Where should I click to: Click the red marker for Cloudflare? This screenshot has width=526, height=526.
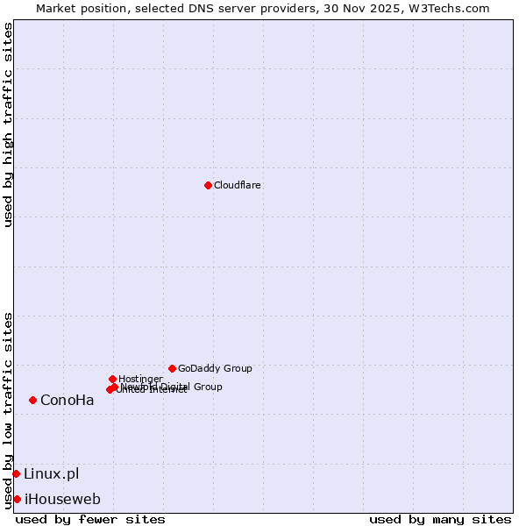click(x=208, y=185)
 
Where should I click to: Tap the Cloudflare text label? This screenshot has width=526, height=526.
click(x=238, y=186)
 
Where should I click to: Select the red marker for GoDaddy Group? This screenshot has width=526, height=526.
click(x=172, y=368)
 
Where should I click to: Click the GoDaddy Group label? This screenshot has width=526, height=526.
click(x=215, y=369)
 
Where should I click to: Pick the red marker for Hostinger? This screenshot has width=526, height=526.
click(x=112, y=379)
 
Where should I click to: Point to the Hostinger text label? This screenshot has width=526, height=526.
click(x=140, y=379)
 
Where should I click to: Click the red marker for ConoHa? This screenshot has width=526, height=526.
click(x=32, y=400)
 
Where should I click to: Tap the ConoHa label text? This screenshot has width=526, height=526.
click(x=68, y=401)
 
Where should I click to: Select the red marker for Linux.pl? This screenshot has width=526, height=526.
click(x=16, y=473)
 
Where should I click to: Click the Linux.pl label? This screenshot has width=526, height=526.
click(x=51, y=474)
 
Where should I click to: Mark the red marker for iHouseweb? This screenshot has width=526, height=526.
click(x=17, y=499)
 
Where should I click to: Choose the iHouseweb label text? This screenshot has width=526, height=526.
click(x=62, y=500)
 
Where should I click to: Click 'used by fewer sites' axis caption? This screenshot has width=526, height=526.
click(x=90, y=519)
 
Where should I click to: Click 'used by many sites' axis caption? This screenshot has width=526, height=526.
click(x=440, y=519)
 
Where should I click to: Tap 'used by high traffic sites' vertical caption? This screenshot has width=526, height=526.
click(x=8, y=125)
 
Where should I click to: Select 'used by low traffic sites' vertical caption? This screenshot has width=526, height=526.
click(x=8, y=410)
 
